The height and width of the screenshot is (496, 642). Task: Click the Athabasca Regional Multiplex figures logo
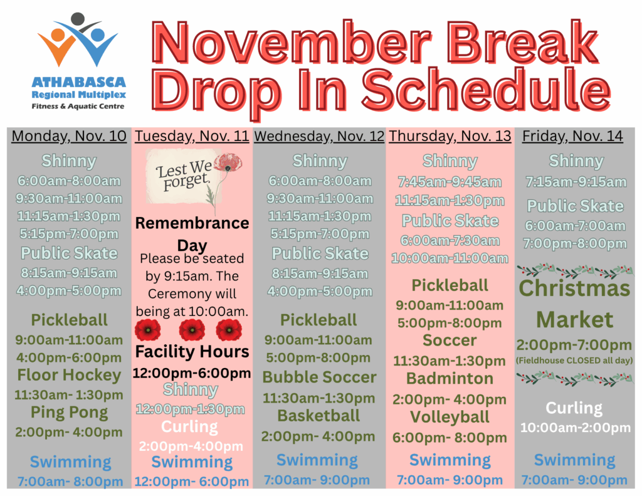point(78,40)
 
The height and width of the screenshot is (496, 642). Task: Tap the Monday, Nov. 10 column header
point(69,136)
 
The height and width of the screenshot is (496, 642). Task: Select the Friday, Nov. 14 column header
point(572,136)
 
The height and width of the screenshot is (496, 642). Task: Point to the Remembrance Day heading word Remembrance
point(192,223)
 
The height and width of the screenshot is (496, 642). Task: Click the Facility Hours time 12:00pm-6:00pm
point(192,373)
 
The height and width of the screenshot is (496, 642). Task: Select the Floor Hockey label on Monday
point(69,375)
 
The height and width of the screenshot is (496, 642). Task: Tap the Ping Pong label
point(69,413)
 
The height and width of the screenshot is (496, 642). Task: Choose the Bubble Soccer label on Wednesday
point(319,377)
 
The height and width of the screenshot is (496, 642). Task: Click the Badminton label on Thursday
point(450,379)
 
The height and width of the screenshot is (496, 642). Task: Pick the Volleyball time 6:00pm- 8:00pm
point(450,438)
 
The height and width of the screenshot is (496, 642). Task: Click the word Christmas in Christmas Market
point(574,288)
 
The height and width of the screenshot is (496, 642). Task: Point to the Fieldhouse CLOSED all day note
point(574,361)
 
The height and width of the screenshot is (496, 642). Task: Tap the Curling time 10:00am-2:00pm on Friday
point(576,428)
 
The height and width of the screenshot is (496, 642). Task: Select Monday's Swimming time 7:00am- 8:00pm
point(70,482)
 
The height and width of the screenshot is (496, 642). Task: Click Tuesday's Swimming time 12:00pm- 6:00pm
point(192,482)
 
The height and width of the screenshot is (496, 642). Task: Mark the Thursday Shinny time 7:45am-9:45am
point(450,182)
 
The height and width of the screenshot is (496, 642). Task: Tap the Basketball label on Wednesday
point(318,416)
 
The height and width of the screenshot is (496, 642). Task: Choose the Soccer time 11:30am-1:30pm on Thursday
point(450,361)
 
